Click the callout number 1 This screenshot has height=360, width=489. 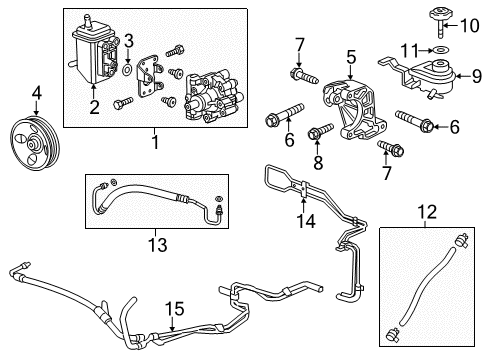point(155,143)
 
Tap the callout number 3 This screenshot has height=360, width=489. point(128,40)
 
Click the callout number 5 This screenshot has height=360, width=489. point(350,59)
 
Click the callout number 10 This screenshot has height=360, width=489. point(476,20)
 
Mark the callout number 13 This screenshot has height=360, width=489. point(152,244)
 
